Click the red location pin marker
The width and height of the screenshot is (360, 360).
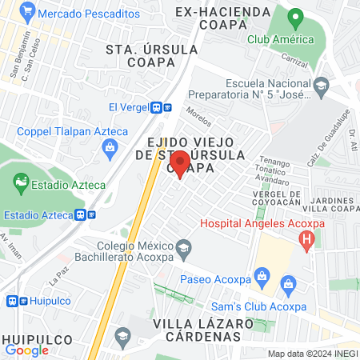(x=179, y=163)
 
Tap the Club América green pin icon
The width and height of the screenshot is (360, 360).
(x=294, y=18)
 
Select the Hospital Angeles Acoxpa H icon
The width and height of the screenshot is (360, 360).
(x=306, y=239)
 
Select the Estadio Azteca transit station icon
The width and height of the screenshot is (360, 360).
(x=86, y=214)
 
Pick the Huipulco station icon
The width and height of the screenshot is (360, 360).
(x=12, y=301)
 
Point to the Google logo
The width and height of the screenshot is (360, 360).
(x=27, y=350)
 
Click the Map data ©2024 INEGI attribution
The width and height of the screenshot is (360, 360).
(x=312, y=354)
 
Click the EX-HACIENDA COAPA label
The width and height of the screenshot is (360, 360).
(x=210, y=17)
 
